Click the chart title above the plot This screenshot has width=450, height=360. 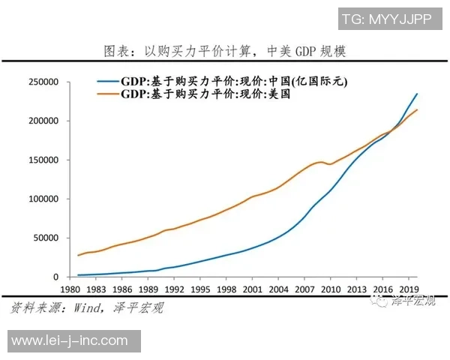point(224,51)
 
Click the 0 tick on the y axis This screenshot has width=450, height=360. point(54,277)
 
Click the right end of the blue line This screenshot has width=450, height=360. point(418,94)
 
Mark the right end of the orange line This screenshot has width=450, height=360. point(418,110)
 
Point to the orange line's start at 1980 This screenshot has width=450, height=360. point(77,255)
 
